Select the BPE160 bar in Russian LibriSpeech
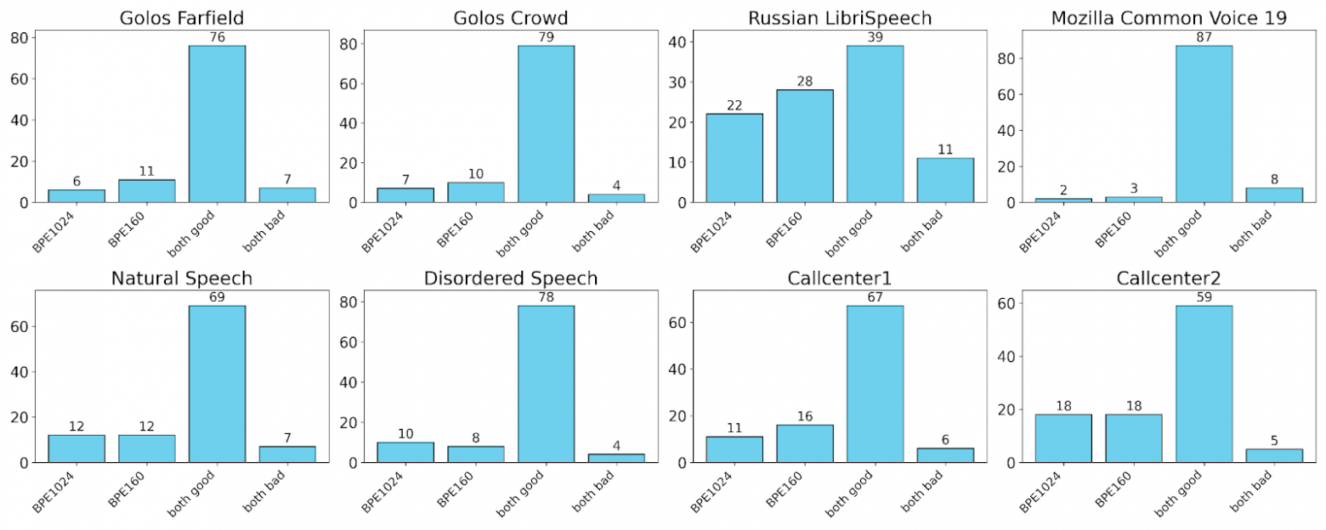804,146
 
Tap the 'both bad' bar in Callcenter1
945,455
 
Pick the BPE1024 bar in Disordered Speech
405,452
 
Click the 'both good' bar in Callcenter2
1204,384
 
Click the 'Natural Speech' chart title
181,278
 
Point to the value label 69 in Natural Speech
217,297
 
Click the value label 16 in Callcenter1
804,416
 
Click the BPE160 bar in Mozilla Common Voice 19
1133,200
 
